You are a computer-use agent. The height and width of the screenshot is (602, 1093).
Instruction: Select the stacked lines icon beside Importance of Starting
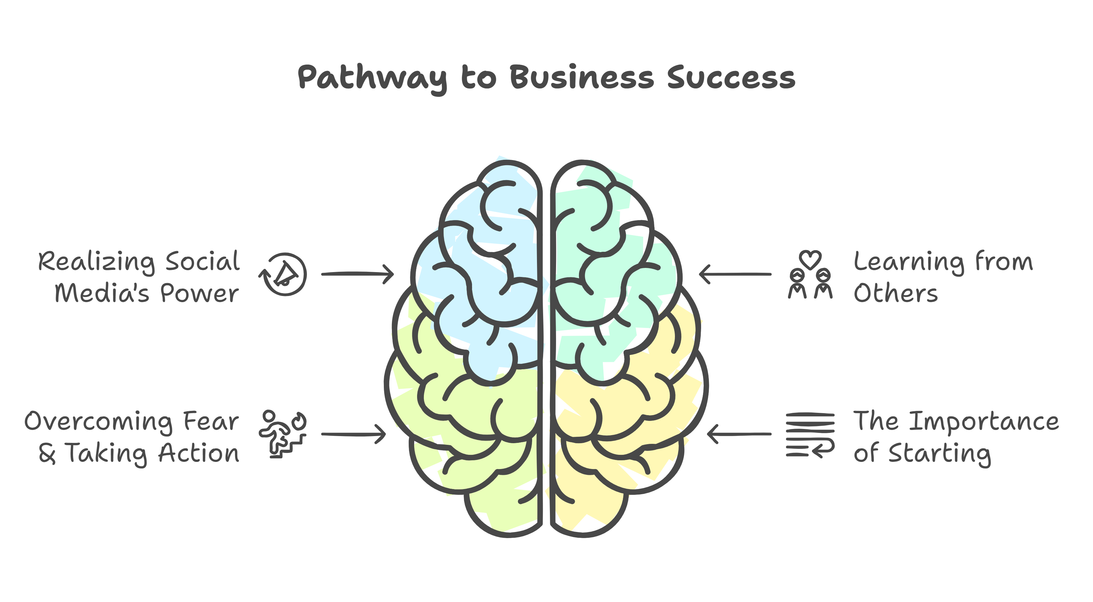click(x=810, y=434)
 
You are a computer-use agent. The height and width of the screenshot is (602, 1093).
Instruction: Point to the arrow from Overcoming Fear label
click(x=353, y=434)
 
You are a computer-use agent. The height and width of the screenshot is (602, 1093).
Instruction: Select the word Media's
click(x=102, y=293)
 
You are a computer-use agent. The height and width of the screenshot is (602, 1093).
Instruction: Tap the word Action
click(x=199, y=454)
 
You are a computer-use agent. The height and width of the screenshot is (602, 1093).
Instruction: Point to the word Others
click(x=895, y=293)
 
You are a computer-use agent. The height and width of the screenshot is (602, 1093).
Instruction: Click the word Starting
click(x=940, y=454)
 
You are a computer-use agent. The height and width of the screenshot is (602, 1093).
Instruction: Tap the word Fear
click(x=211, y=422)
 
